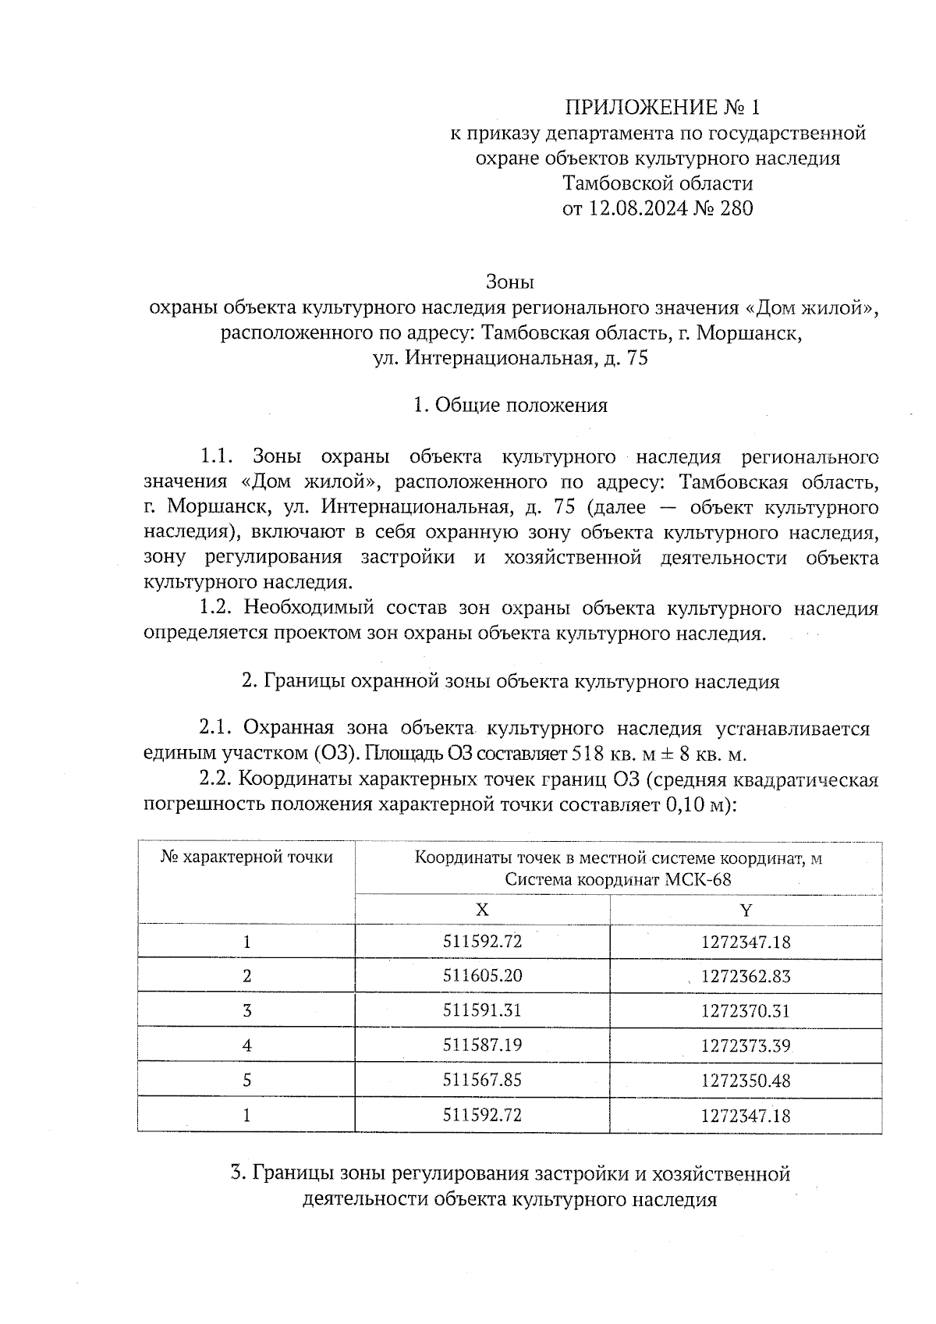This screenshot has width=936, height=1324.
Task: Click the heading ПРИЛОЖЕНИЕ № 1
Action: [661, 107]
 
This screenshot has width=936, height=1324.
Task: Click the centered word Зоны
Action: [509, 281]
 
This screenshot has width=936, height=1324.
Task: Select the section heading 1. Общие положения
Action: [510, 406]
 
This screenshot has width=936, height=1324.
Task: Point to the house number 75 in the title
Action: [636, 359]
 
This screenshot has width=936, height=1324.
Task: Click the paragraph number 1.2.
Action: [214, 609]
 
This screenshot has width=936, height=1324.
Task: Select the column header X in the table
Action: [482, 910]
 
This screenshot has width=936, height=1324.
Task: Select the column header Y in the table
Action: [746, 910]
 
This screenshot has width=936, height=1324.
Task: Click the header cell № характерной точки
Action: [246, 857]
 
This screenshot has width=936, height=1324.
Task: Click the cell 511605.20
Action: [482, 976]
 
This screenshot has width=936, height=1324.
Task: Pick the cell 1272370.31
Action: [746, 1011]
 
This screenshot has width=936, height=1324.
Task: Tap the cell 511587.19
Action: [482, 1045]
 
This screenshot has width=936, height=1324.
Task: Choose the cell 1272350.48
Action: [746, 1081]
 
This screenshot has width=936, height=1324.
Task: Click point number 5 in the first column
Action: [246, 1081]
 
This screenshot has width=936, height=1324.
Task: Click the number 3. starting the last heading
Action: [239, 1174]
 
